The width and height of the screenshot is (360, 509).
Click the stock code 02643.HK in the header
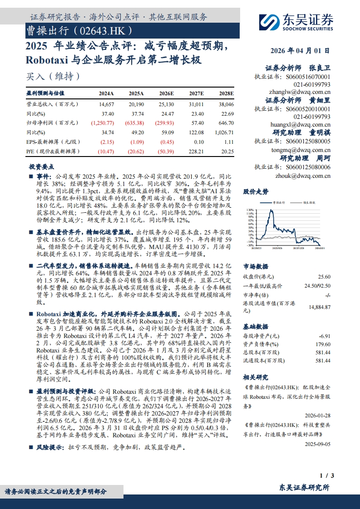coord(105,31)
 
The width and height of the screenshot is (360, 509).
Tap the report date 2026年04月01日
coord(300,51)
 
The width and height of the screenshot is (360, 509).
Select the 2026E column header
coord(166,93)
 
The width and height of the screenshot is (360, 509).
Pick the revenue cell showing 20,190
coord(136,104)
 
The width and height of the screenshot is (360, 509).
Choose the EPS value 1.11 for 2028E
coord(228,142)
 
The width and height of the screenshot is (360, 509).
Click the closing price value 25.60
coord(324,277)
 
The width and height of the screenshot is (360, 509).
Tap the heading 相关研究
coord(256,377)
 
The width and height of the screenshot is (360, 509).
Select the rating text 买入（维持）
coord(54,76)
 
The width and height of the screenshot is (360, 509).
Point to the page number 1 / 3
coord(327,475)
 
